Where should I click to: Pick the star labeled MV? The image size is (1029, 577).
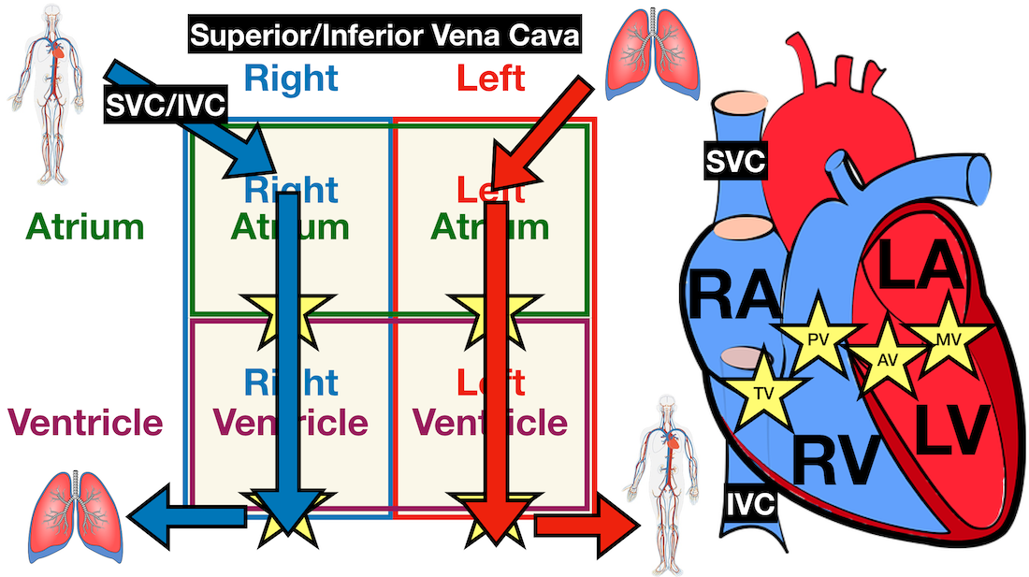point(947,336)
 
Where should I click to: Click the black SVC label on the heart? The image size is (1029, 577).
point(735,163)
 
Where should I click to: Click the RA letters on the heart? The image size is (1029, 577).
point(734,296)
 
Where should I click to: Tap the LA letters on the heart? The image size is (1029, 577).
point(921,267)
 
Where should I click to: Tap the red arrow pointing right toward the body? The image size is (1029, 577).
point(585,525)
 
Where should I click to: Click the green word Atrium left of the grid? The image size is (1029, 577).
point(85,227)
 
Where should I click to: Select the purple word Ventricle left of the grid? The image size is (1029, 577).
point(86,423)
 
